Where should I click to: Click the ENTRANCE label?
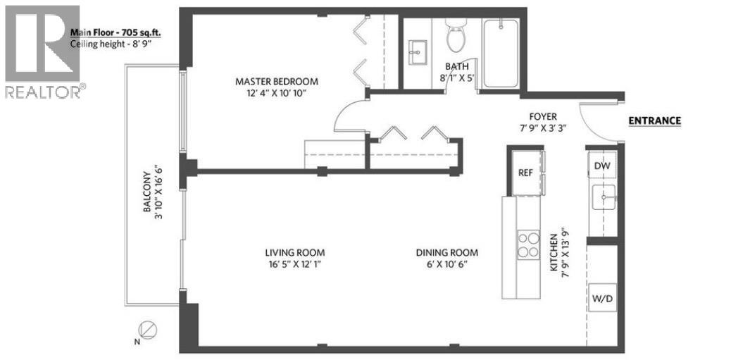click(x=654, y=120)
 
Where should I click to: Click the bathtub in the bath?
click(x=501, y=53)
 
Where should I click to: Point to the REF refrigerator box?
click(x=525, y=171)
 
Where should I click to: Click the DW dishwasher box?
click(x=602, y=166)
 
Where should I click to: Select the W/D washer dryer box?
click(x=602, y=299)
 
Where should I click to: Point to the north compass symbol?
click(x=148, y=329)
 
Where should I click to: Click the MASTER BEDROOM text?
click(x=276, y=81)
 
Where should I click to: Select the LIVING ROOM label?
click(x=294, y=253)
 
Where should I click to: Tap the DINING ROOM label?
click(x=446, y=253)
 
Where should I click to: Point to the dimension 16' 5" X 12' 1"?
click(x=294, y=265)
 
